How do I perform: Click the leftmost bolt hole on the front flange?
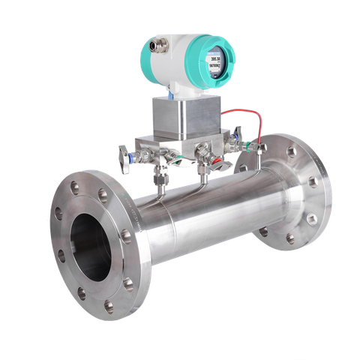[58, 215]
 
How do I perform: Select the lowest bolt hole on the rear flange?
[289, 238]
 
